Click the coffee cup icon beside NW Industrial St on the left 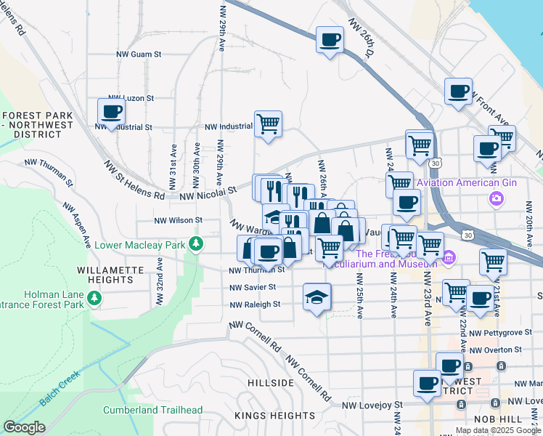[111, 112]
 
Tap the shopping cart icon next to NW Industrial [268, 124]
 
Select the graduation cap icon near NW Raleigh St [317, 297]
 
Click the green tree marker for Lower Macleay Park [195, 244]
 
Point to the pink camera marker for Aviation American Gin [497, 198]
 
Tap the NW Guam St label [139, 54]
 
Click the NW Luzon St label [131, 97]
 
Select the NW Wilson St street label [178, 219]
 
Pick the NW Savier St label [252, 288]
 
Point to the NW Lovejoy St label [372, 404]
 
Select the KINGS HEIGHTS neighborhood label [269, 416]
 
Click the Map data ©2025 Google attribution [497, 430]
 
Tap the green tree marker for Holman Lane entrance [94, 298]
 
